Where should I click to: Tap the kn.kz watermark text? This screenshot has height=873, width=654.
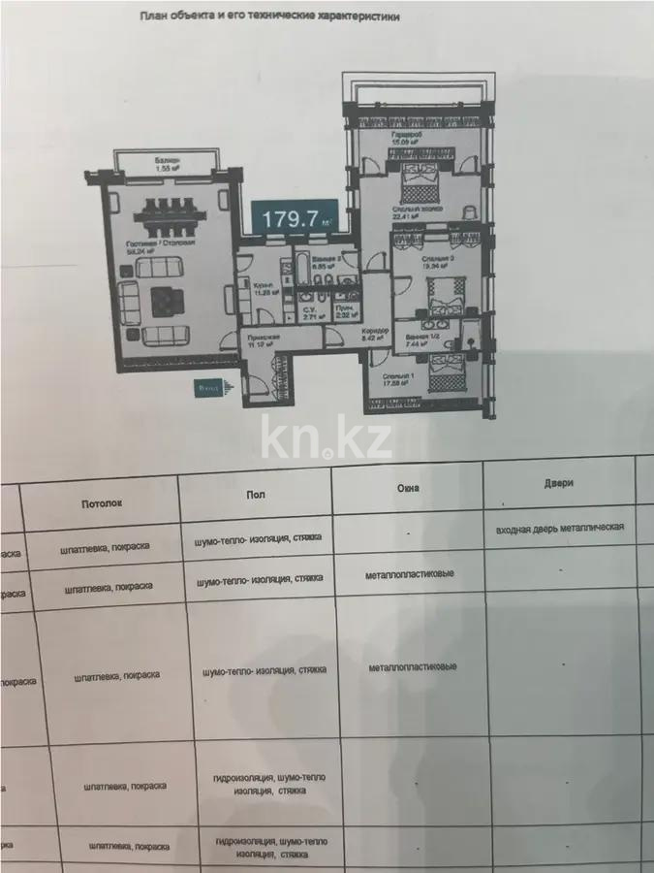(327, 439)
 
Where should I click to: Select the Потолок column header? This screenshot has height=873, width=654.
(100, 504)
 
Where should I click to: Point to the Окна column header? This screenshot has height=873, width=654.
(407, 489)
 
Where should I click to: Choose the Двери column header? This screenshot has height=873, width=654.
(559, 482)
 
